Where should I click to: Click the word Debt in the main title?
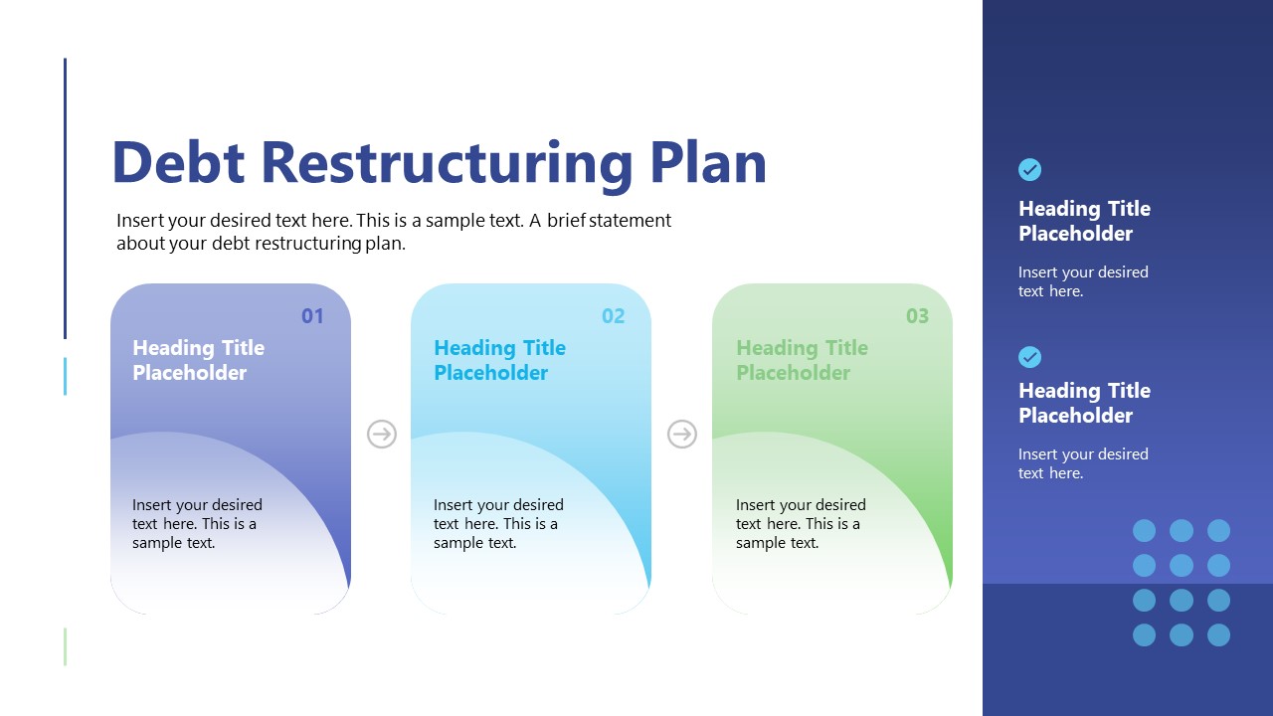[178, 162]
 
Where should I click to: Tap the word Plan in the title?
[708, 162]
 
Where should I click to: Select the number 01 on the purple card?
[312, 316]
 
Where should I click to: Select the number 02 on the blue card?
[613, 316]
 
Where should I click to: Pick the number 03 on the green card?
[917, 316]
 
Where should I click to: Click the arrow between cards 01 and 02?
[382, 434]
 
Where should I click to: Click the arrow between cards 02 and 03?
[681, 434]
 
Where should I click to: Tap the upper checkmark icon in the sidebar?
[1030, 170]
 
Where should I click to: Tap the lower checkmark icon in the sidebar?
[1030, 357]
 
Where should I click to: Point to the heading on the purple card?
[198, 360]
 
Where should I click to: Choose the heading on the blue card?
[499, 360]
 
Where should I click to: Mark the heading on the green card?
[802, 360]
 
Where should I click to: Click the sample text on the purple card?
[197, 524]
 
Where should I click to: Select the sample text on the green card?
[801, 524]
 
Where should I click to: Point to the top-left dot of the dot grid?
[1145, 530]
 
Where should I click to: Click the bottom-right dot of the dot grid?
[1218, 634]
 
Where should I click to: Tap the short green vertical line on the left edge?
[66, 646]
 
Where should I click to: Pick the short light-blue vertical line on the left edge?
[66, 377]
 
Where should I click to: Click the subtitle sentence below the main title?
[394, 232]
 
